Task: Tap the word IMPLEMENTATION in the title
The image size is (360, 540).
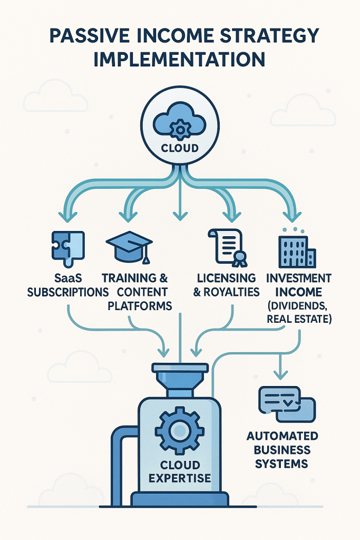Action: (x=179, y=59)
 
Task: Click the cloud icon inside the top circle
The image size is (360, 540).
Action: (x=180, y=124)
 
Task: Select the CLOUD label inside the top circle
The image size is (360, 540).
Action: (x=180, y=148)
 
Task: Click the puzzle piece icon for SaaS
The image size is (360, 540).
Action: (x=67, y=246)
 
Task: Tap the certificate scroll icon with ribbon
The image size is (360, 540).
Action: (x=228, y=246)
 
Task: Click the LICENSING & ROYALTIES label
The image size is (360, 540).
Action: (x=227, y=285)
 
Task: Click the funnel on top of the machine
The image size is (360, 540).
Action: (x=180, y=377)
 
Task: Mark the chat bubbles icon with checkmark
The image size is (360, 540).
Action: (x=286, y=404)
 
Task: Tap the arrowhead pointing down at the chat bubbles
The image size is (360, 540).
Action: (x=281, y=374)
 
